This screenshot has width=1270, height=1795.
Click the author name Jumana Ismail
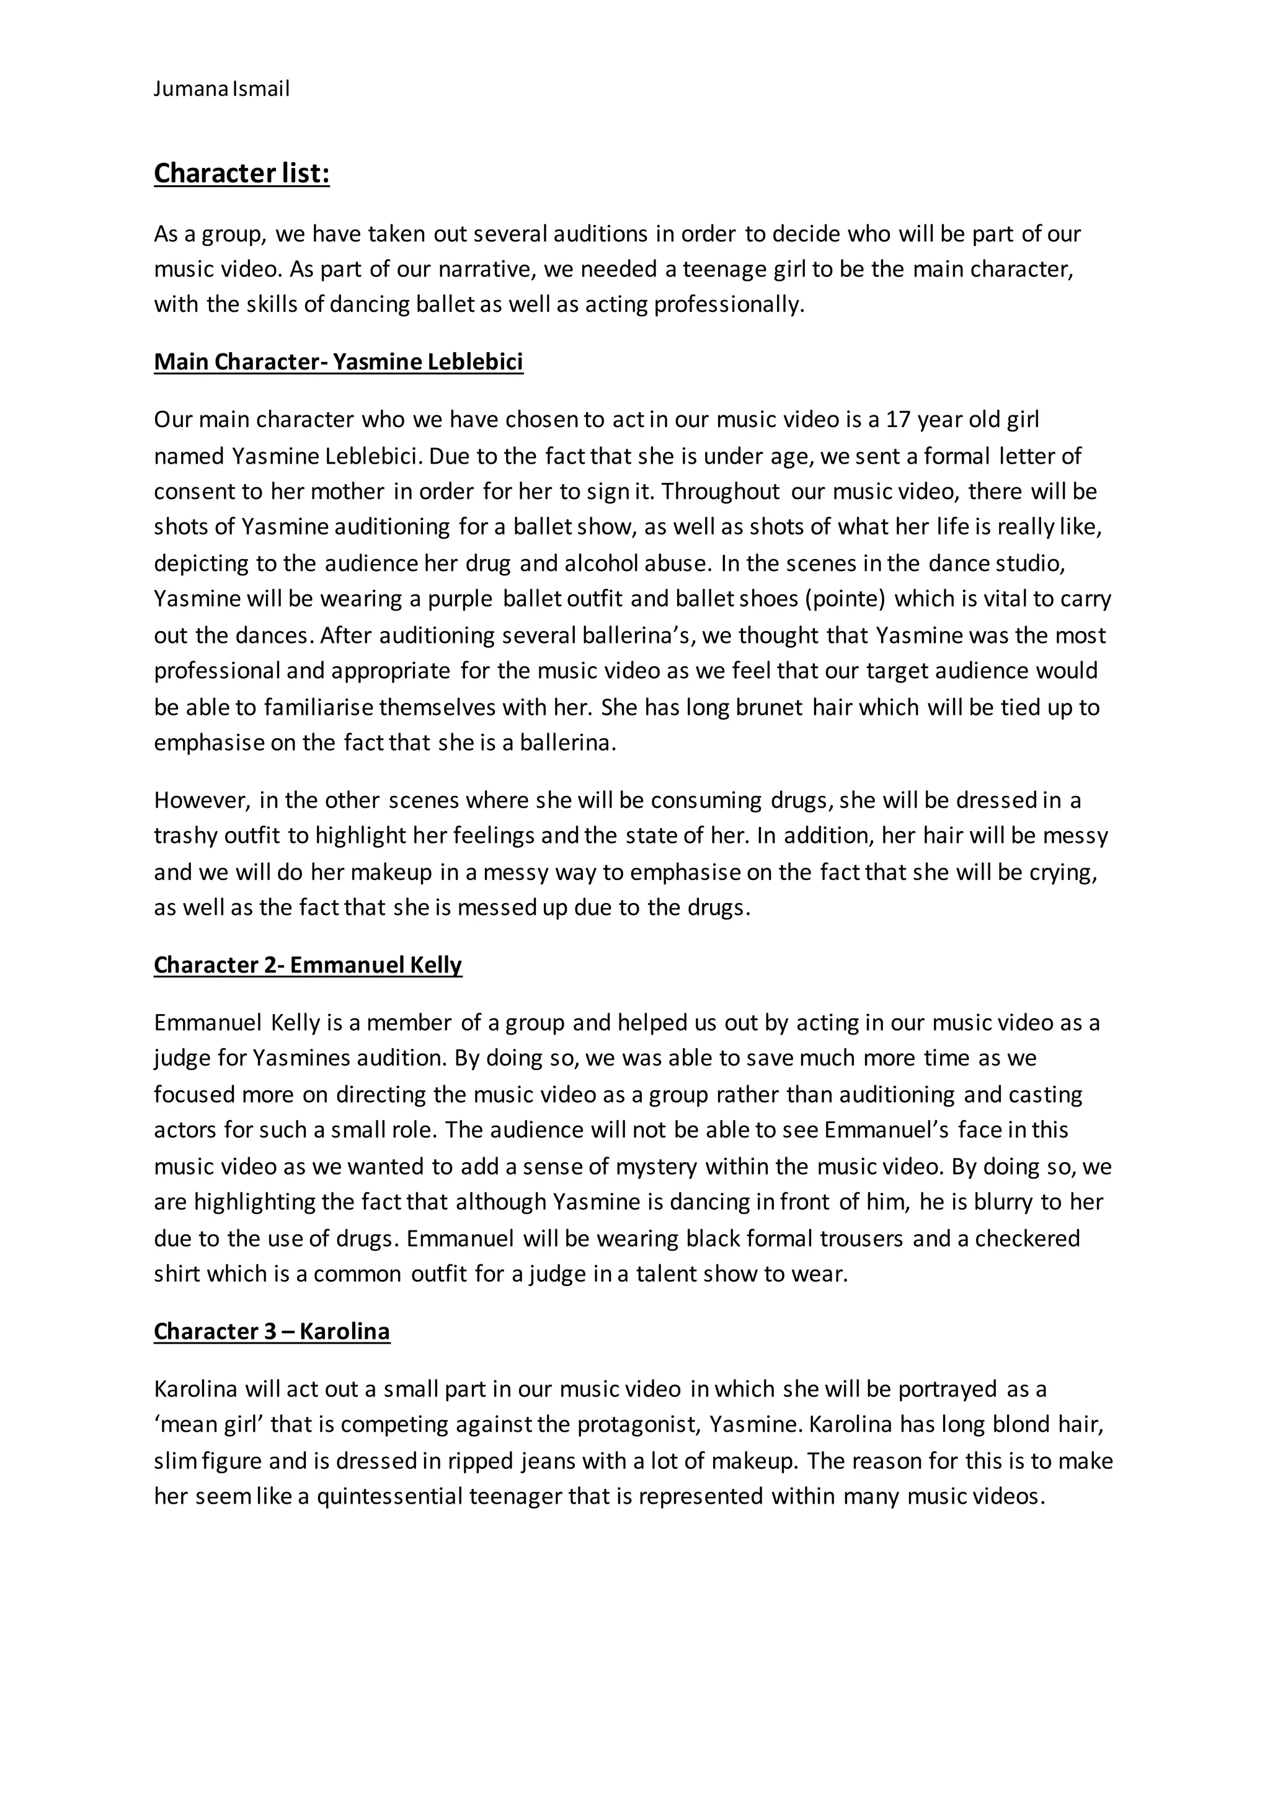point(221,89)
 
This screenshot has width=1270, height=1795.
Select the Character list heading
point(242,174)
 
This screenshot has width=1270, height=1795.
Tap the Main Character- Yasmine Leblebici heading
point(339,362)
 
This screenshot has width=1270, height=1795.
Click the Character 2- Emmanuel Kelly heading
point(308,964)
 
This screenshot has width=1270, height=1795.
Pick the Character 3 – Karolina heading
point(272,1331)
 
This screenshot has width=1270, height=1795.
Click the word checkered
point(1027,1238)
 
